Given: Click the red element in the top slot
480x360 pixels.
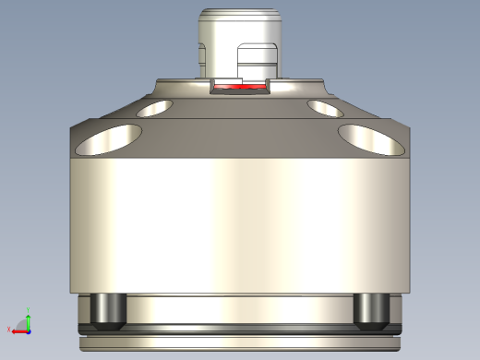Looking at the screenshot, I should click(x=239, y=88).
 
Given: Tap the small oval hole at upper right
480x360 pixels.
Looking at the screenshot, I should click(x=326, y=109).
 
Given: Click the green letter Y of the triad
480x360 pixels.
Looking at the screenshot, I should click(x=29, y=308).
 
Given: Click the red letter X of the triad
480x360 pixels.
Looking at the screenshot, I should click(x=8, y=330).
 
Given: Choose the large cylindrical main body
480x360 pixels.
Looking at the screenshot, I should click(x=239, y=222).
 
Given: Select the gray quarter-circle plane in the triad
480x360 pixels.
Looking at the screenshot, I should click(x=23, y=325).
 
